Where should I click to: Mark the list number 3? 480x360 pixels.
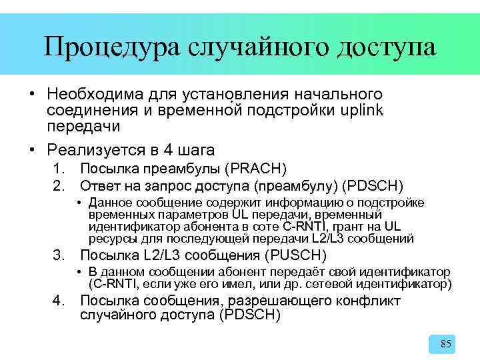click(59, 255)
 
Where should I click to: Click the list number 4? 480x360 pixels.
click(59, 301)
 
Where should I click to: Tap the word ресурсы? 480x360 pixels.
click(109, 239)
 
